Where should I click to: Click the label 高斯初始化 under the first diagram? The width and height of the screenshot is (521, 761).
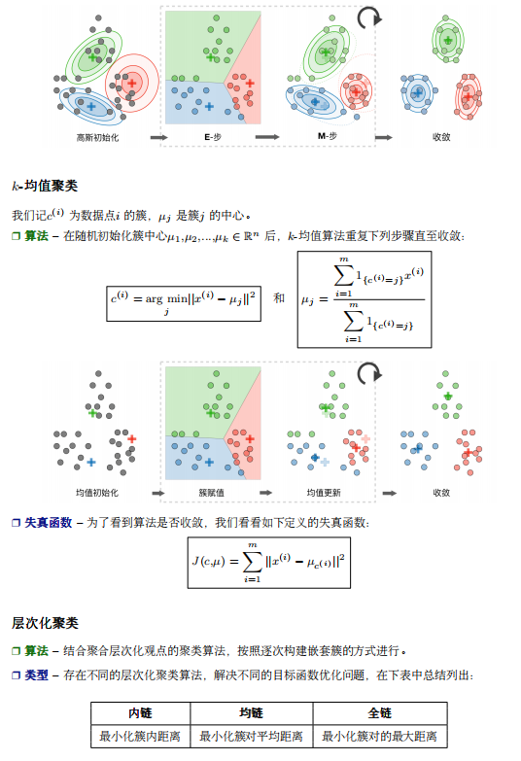97,138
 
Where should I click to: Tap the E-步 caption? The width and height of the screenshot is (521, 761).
213,137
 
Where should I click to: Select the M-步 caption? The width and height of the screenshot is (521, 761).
328,136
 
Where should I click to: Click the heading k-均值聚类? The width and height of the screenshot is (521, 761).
45,186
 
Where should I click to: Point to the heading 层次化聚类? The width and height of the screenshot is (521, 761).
45,623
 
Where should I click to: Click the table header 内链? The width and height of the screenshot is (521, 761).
140,713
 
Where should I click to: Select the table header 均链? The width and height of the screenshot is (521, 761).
251,713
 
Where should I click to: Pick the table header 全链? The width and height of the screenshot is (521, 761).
380,713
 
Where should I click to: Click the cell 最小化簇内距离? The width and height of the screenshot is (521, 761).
140,737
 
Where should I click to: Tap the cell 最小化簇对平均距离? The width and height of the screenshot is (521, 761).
251,737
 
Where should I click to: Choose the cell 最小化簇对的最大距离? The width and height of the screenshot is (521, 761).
380,737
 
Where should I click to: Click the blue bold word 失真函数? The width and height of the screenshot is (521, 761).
48,523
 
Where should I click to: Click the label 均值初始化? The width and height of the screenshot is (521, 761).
97,493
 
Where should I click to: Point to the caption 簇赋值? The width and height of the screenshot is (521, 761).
212,493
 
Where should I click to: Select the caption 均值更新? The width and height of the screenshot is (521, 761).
324,493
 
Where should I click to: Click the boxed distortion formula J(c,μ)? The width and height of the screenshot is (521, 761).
269,563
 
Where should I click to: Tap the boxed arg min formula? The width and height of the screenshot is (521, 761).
184,303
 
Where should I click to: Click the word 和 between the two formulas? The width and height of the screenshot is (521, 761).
279,297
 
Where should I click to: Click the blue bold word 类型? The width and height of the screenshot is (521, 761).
36,675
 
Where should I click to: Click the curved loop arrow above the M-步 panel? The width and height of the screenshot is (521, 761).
369,17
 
